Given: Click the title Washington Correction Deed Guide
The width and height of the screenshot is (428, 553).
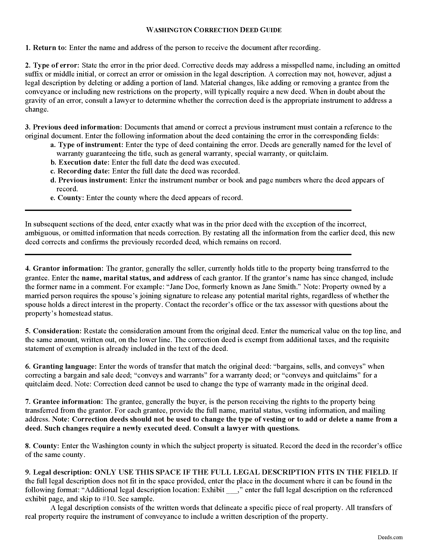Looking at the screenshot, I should [x=214, y=30].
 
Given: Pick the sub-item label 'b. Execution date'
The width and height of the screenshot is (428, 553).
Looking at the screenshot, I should [x=80, y=162].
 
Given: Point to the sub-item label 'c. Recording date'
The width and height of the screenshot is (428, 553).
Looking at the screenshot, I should [x=80, y=171].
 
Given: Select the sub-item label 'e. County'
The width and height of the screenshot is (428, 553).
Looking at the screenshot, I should [x=67, y=198].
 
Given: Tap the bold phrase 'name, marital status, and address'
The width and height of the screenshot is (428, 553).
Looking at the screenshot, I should [x=137, y=278].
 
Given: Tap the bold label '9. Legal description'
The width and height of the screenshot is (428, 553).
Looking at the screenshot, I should [x=58, y=472].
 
